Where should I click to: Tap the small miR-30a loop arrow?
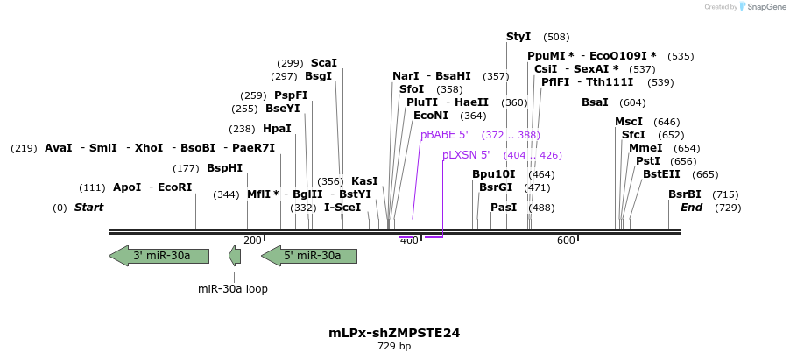pos(235,256)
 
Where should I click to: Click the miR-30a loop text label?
pos(233,289)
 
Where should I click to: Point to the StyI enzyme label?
pos(518,37)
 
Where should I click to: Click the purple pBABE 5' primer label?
pos(444,135)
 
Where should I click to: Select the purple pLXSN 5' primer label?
pos(466,155)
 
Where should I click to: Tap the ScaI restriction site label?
pos(324,63)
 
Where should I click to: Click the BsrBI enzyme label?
pos(685,194)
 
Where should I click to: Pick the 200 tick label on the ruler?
pos(252,241)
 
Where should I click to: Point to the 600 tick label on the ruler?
pos(566,241)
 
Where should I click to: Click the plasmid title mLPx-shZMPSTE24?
pos(394,333)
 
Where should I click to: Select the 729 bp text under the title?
pos(394,347)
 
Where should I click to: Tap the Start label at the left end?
pos(88,208)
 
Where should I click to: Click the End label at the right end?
pos(692,208)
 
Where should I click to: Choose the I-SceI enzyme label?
pos(342,208)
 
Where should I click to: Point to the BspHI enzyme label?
pos(224,168)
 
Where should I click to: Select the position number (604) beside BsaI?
pos(631,102)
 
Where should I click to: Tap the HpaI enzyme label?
pos(277,129)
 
